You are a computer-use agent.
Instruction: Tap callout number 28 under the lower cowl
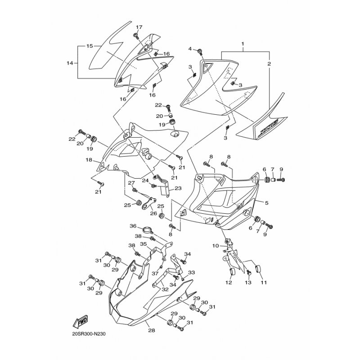(x=151, y=330)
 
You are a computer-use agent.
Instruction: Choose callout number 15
(x=90, y=46)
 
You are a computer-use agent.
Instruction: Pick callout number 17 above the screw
(x=139, y=27)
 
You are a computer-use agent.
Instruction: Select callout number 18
(x=89, y=159)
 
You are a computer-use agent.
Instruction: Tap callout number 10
(x=215, y=245)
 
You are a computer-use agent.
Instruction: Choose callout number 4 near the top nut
(x=190, y=49)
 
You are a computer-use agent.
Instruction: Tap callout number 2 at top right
(x=269, y=64)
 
